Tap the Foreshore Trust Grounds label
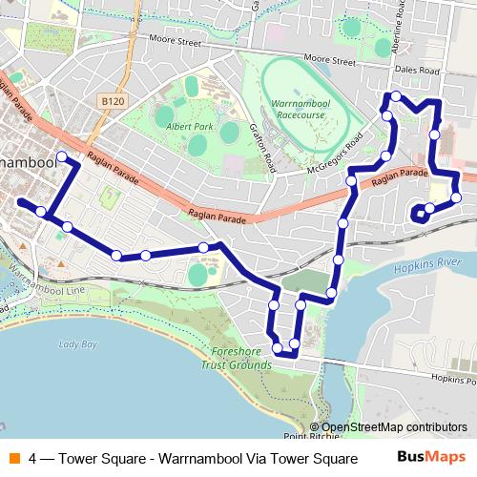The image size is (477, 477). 237,357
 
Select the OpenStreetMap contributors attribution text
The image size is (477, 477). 393,427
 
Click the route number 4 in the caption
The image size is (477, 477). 34,457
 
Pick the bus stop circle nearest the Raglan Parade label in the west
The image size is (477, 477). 62,156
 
